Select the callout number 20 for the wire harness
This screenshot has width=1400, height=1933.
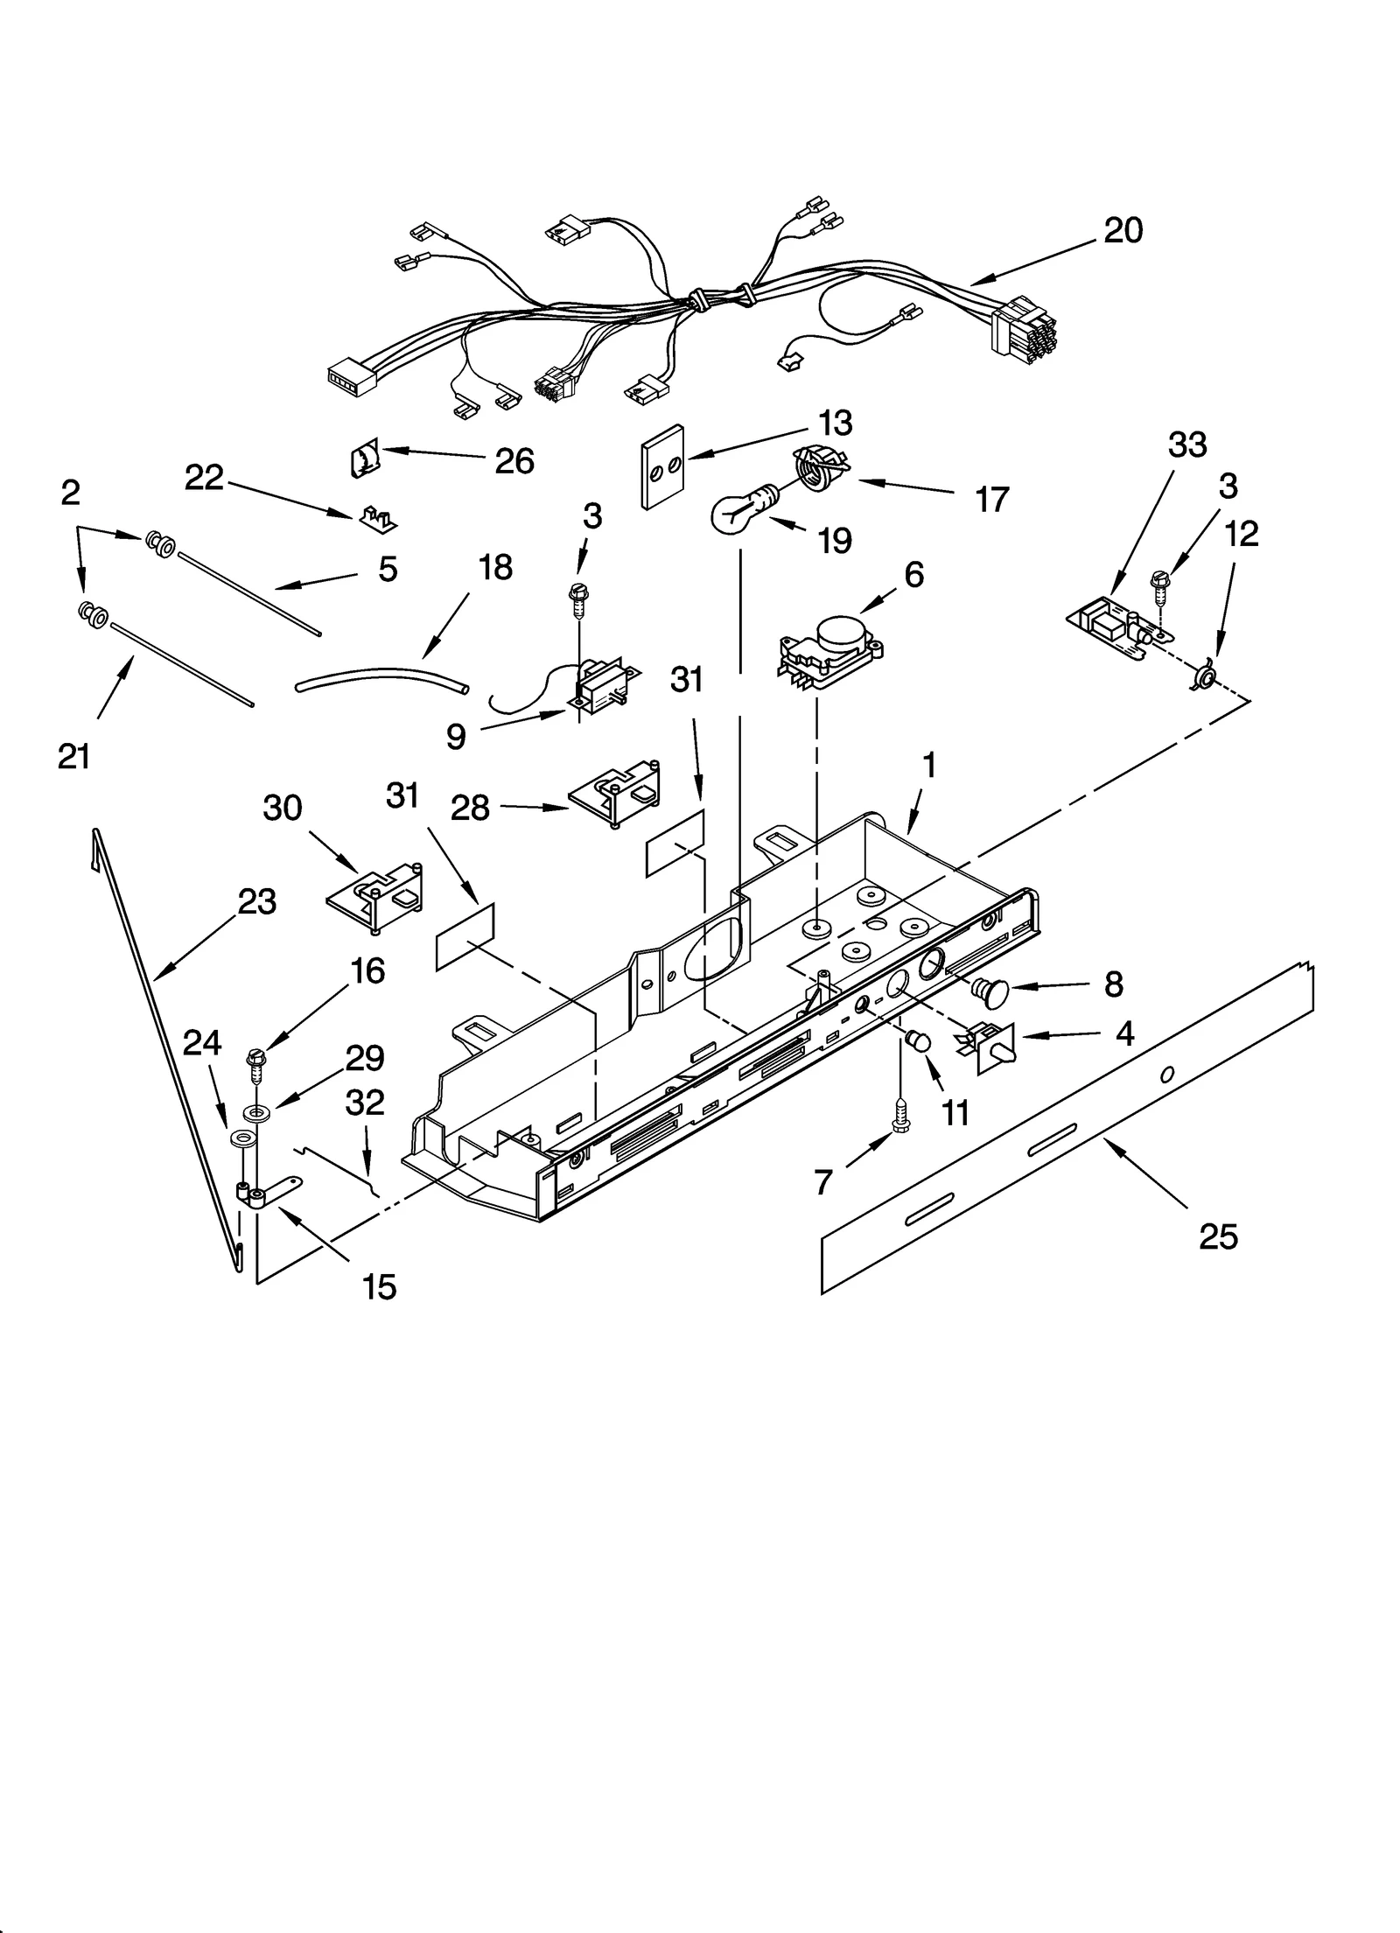coord(1123,231)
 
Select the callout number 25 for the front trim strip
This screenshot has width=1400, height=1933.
coord(1218,1237)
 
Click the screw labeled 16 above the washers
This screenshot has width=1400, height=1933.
coord(256,1061)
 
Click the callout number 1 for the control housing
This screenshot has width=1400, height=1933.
coord(929,767)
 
